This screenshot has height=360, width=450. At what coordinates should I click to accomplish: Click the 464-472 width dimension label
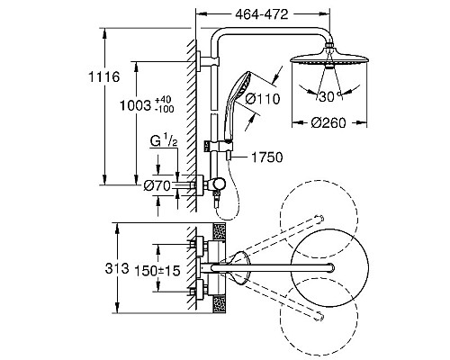[262, 14]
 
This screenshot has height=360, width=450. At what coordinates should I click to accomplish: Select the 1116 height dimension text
[103, 77]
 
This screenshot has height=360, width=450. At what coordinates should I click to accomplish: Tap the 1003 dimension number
[135, 105]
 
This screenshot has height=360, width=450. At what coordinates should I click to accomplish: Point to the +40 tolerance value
[163, 100]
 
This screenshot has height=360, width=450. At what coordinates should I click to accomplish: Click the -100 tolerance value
[165, 109]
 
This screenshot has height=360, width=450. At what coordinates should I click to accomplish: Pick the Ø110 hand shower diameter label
[263, 99]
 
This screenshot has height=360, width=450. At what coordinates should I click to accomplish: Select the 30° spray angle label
[329, 96]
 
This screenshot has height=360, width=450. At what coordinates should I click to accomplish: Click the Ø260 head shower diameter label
[328, 122]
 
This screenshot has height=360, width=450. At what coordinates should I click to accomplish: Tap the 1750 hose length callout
[266, 157]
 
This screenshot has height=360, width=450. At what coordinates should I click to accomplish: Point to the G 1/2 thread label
[164, 140]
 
